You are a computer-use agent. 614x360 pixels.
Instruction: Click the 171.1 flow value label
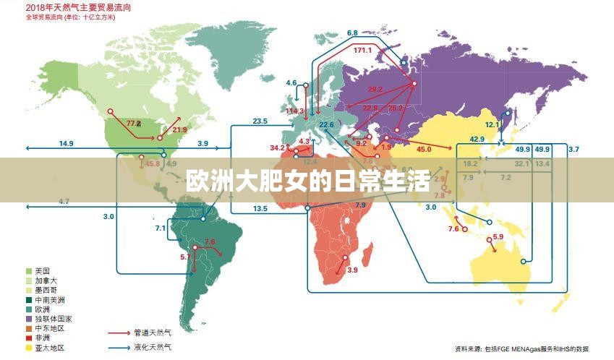click(363, 51)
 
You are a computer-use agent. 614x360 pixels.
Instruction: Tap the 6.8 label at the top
click(352, 33)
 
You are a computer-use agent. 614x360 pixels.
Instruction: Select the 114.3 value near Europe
click(295, 111)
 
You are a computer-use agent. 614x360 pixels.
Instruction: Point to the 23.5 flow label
click(260, 121)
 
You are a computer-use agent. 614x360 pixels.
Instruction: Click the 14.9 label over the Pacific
click(67, 144)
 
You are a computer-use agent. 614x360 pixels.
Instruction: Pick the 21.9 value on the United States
click(179, 130)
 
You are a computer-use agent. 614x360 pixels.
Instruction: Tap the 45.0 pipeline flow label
click(424, 149)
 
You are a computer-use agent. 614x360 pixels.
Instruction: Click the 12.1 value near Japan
click(493, 124)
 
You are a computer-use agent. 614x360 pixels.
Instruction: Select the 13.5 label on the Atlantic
click(260, 209)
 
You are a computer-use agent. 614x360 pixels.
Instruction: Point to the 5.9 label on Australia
click(498, 238)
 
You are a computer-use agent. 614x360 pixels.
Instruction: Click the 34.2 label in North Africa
click(278, 147)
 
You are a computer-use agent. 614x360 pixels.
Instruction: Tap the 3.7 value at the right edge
click(574, 149)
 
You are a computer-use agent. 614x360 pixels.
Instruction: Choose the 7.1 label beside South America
click(160, 228)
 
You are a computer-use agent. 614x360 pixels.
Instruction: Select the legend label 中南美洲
click(49, 299)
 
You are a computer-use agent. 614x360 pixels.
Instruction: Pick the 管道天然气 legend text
click(153, 333)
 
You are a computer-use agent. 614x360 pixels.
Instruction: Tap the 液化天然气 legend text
click(153, 348)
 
